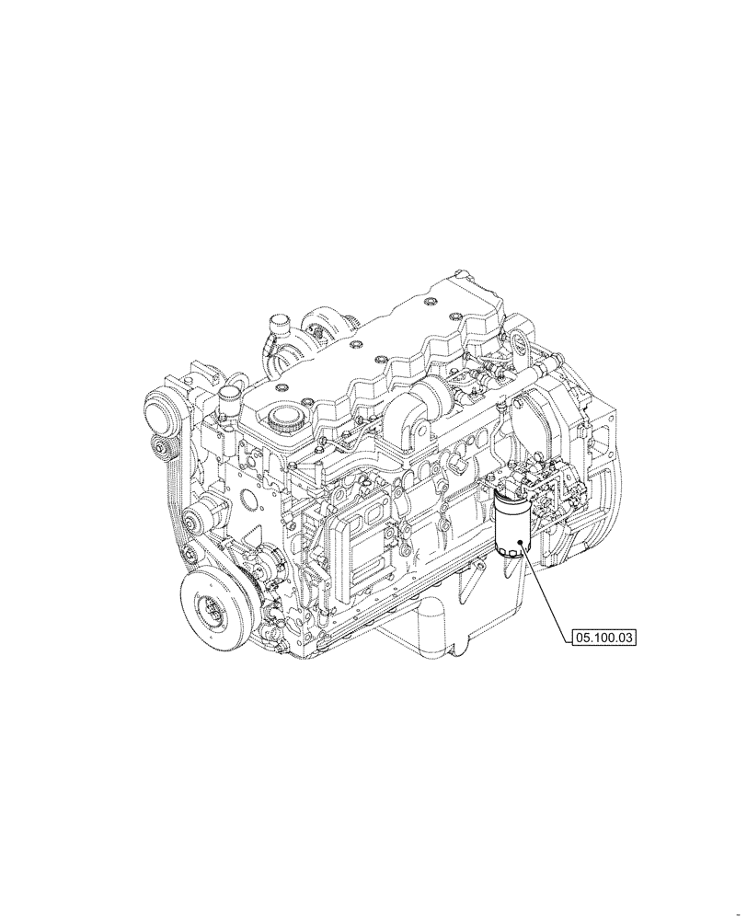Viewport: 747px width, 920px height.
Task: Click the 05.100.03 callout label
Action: pos(604,635)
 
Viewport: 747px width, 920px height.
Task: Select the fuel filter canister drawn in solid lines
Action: pos(510,524)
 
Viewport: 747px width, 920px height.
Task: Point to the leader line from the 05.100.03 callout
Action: pos(548,588)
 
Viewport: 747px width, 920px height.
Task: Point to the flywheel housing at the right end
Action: pos(589,460)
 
